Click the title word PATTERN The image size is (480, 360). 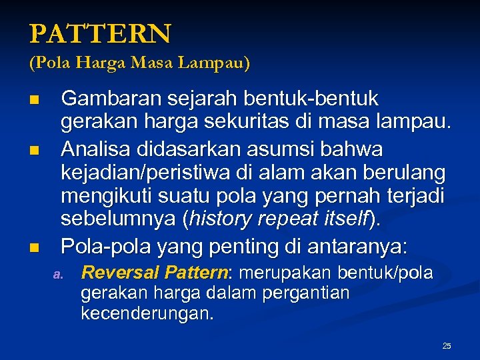[100, 33]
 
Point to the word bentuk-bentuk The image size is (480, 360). [313, 99]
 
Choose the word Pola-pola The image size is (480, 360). [106, 247]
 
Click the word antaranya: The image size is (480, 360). [359, 247]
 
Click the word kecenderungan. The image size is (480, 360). [147, 314]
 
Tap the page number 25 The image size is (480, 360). [447, 345]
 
